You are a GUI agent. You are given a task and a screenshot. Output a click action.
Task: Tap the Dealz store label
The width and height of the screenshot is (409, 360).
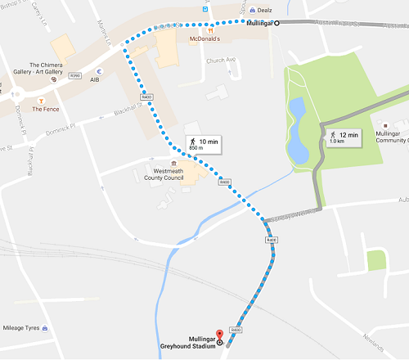point(263,10)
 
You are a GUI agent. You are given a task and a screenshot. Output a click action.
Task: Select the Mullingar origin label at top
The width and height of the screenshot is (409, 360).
point(258,24)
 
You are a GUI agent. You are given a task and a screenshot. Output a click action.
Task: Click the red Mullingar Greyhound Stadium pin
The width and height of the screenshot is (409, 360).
point(218,332)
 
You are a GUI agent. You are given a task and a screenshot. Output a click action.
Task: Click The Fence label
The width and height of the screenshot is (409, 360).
point(45,108)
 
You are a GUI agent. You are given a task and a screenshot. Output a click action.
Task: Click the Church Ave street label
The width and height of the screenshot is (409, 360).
point(222,61)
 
